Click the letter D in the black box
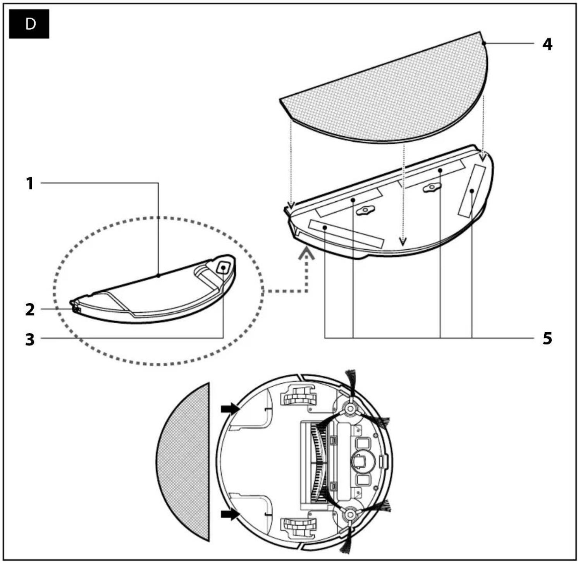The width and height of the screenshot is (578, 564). pos(30,24)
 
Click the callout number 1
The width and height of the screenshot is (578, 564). pos(30,183)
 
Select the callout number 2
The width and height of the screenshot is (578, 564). pos(30,310)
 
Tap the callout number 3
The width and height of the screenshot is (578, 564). pos(30,339)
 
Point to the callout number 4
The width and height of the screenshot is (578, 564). pos(547,44)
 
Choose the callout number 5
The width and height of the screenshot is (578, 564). pos(547,338)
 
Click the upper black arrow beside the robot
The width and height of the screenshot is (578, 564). pos(229,408)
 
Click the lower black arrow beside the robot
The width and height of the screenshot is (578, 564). pos(229,514)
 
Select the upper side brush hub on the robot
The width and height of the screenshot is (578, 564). pos(350,408)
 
